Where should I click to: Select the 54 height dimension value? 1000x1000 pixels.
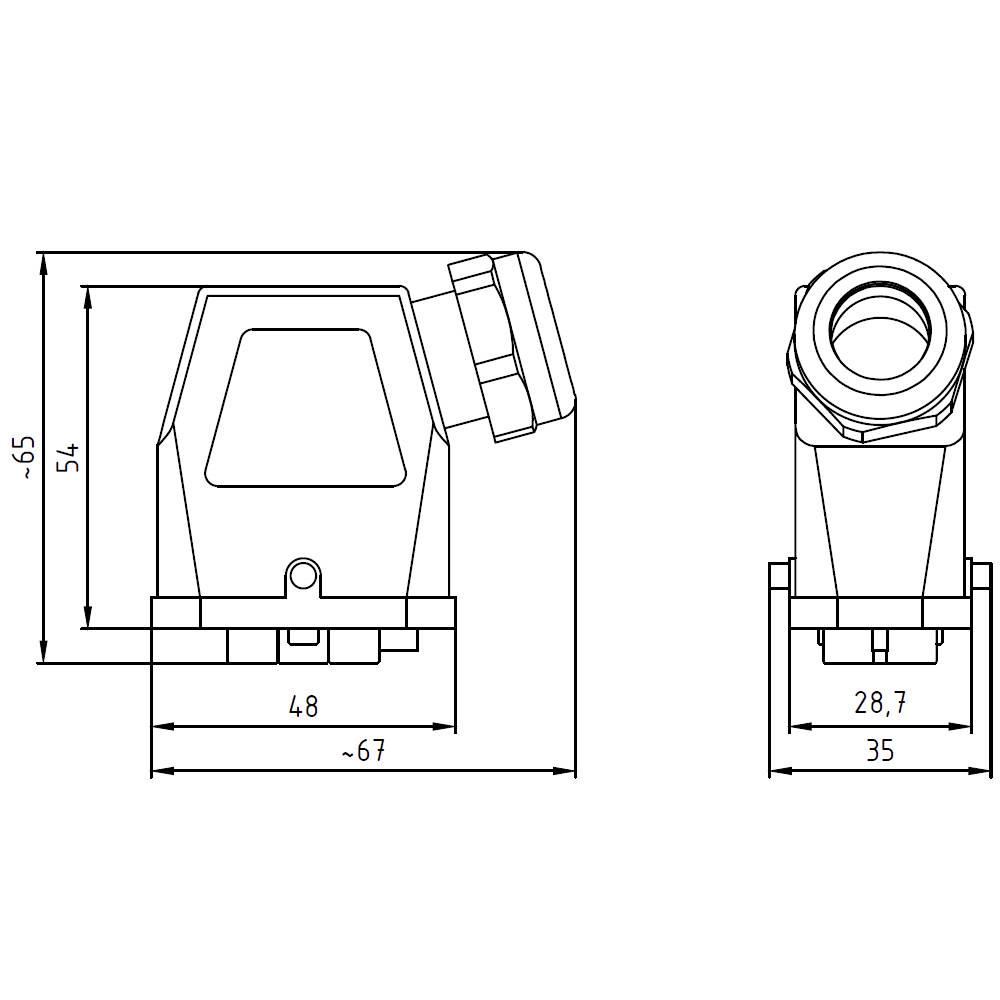point(68,457)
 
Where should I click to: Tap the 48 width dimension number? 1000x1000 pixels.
point(303,706)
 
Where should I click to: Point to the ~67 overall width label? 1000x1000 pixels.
point(363,751)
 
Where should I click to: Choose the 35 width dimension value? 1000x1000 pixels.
point(880,750)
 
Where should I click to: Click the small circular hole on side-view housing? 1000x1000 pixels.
point(302,575)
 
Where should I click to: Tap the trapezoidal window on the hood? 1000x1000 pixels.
point(307,408)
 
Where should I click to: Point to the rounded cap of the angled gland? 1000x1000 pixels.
point(545,340)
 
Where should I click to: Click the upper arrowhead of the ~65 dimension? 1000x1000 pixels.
point(42,262)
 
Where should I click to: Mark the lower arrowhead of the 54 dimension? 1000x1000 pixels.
point(88,619)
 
